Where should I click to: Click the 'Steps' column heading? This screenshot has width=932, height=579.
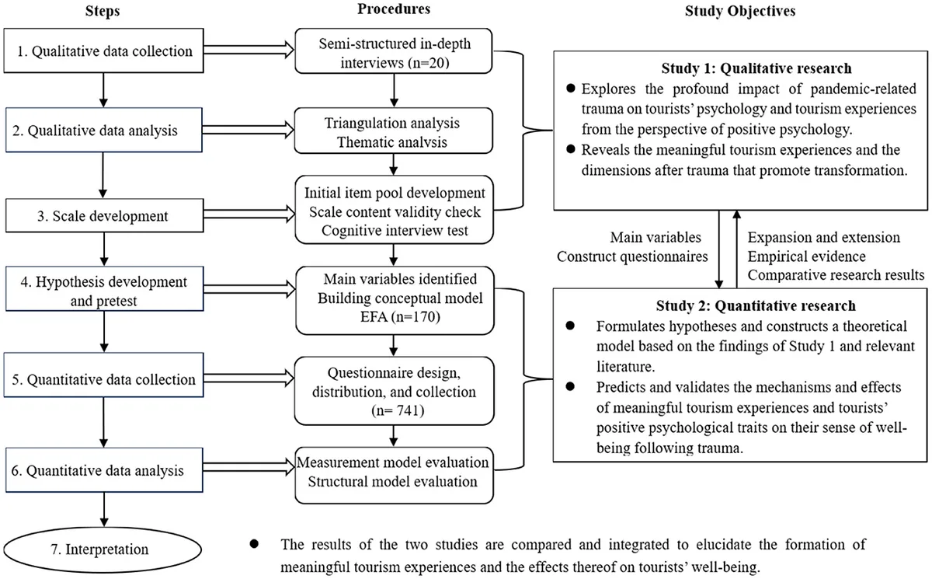coord(103,11)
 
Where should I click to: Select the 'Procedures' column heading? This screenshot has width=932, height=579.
coord(394,9)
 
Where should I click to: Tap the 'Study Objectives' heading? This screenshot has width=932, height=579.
coord(740,11)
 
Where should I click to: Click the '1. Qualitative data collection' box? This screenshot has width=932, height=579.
coord(103,51)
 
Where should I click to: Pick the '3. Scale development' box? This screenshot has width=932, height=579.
coord(104,215)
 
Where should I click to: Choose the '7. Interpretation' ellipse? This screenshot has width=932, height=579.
coord(103,550)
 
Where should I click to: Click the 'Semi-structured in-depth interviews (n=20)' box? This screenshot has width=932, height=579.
coord(394,51)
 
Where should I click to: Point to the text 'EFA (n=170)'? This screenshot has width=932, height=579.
coord(400,317)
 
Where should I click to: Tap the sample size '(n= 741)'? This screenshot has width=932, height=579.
coord(398,411)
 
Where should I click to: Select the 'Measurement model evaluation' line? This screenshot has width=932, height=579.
coord(393,462)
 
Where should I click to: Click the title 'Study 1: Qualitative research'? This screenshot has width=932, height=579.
coord(756,68)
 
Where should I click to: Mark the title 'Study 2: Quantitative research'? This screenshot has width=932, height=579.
coord(756,306)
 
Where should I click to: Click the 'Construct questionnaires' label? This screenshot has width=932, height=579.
coord(632,256)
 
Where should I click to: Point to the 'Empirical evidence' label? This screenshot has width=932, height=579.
coord(806,256)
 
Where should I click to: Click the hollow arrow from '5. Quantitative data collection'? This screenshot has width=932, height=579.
coord(249,378)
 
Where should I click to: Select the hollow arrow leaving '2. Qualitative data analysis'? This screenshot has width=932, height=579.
coord(249,130)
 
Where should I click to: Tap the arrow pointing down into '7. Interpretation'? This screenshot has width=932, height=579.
coord(104,510)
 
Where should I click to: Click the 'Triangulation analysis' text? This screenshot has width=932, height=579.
coord(392,124)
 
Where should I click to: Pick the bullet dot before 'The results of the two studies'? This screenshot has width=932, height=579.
coord(254,544)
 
